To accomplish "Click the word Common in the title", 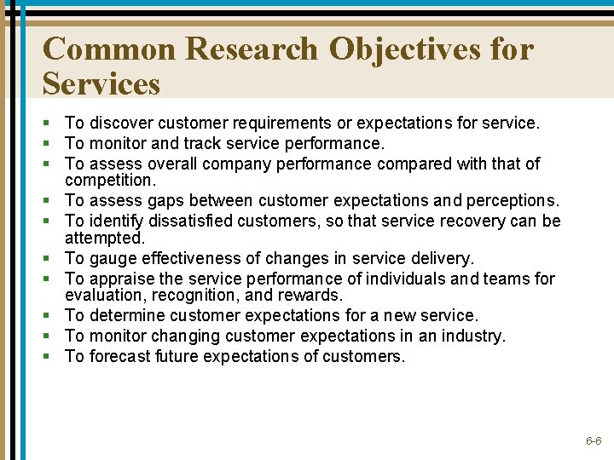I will point(109,49).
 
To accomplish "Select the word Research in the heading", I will point(252,49).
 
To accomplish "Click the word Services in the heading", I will point(101,83).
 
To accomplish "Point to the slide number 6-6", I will point(594,441).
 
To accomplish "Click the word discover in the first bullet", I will point(124,124).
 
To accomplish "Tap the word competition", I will point(109,181).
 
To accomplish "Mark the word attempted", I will point(104,238).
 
